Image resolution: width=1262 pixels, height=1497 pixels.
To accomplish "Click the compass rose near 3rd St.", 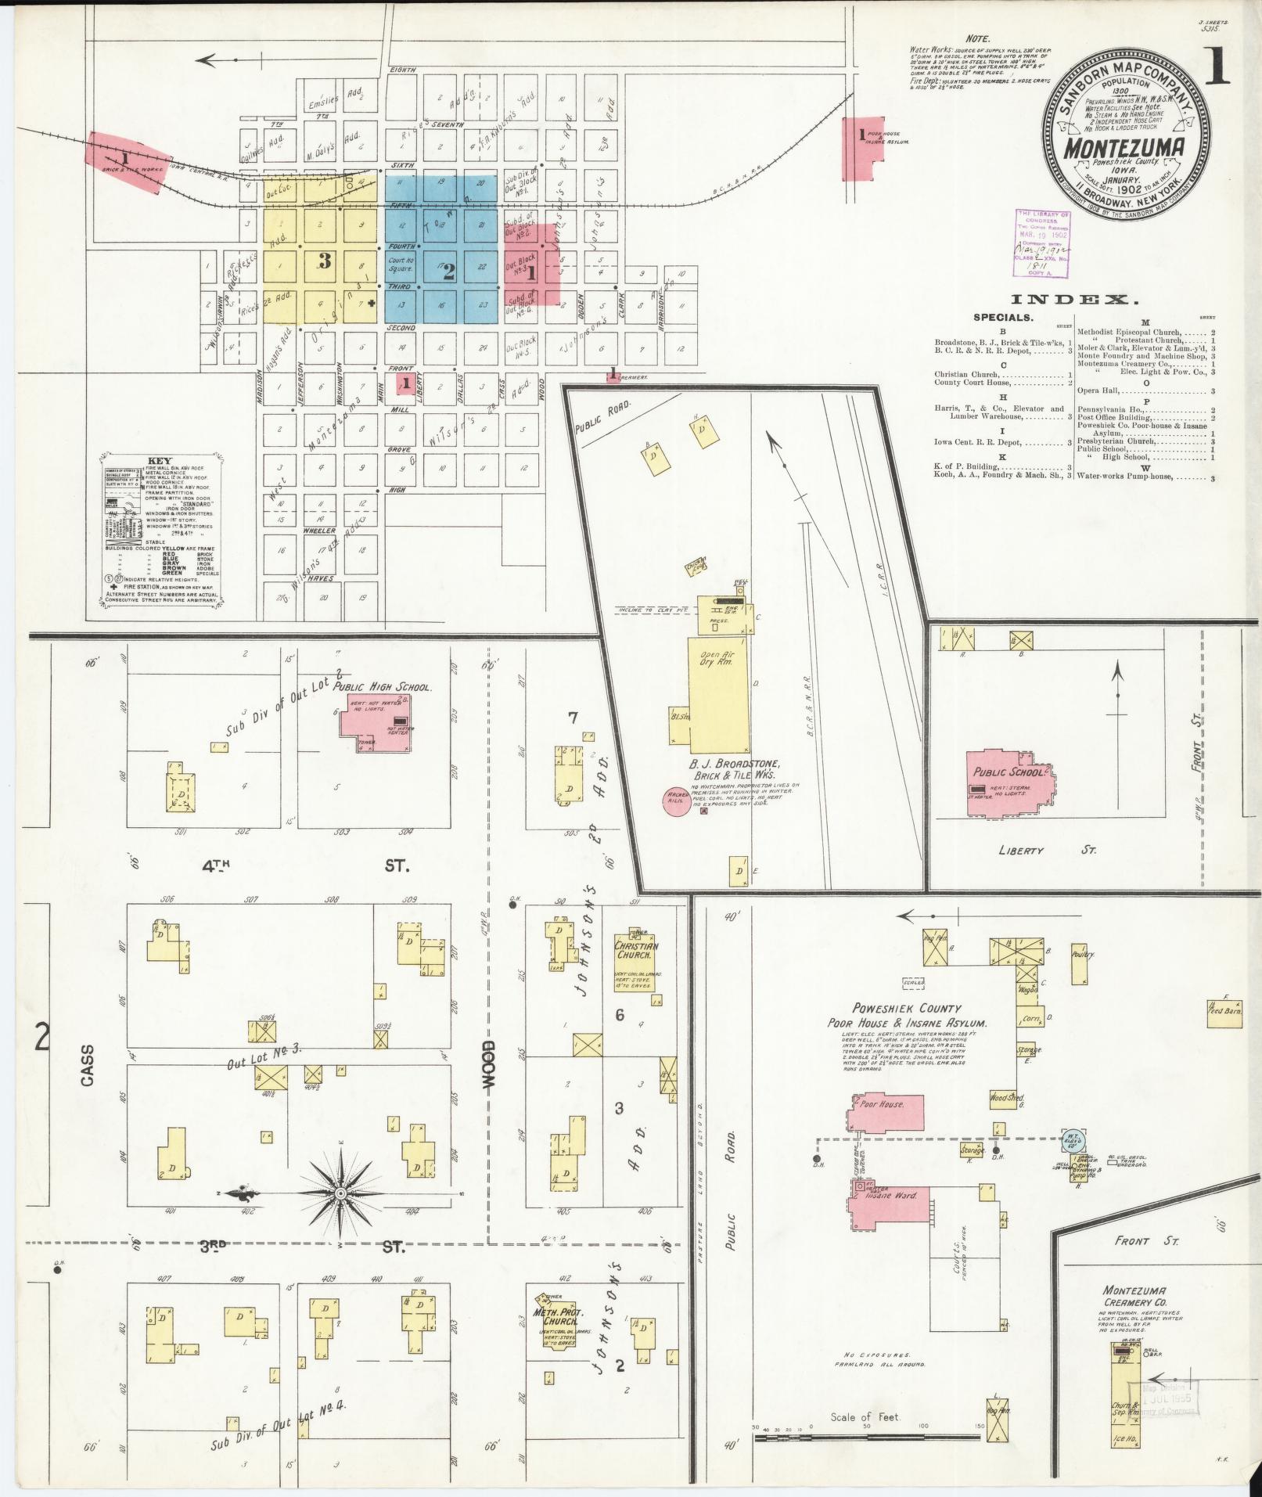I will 341,1193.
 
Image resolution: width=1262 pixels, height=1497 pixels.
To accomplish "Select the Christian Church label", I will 636,950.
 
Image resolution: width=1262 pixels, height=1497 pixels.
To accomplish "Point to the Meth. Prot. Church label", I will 555,1316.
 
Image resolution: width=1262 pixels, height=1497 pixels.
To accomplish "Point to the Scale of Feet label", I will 865,1416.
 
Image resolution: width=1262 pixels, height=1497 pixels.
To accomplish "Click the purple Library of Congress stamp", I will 1041,243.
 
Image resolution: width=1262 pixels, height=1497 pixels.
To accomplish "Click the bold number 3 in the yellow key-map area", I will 325,261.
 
